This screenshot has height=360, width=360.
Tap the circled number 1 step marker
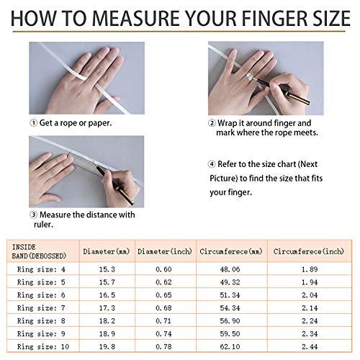pyautogui.click(x=33, y=123)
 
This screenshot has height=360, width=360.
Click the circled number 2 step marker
pyautogui.click(x=212, y=123)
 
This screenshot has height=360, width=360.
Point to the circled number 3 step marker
pyautogui.click(x=33, y=214)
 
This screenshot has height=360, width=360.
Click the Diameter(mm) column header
pyautogui.click(x=107, y=252)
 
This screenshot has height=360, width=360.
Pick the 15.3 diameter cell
pyautogui.click(x=107, y=268)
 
